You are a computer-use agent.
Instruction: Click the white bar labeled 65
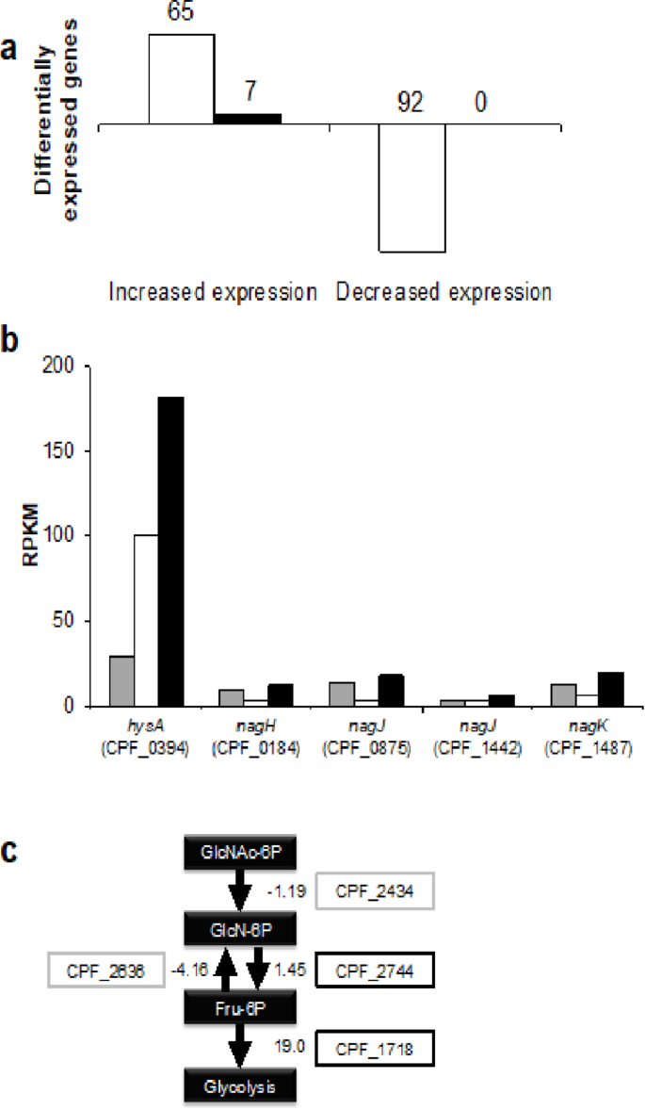181,79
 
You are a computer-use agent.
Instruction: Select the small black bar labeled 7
248,119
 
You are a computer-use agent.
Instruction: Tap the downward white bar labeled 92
411,188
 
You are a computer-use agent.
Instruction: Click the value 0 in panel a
480,102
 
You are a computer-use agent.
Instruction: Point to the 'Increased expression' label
213,291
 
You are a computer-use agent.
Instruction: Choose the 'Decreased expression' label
443,291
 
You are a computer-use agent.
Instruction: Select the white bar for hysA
145,620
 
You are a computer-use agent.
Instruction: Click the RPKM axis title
31,536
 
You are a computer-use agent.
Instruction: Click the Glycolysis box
240,1084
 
